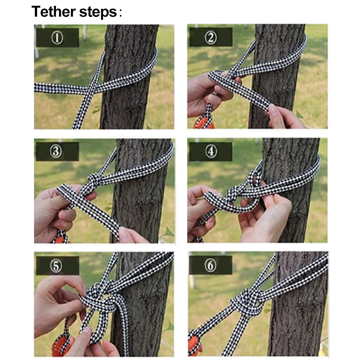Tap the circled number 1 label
coord(57,38)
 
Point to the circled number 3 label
coord(56,152)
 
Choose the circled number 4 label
coord(211,152)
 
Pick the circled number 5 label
coord(56,266)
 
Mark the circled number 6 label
coord(210,265)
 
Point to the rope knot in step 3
coord(94,181)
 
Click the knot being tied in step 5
coord(101,298)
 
